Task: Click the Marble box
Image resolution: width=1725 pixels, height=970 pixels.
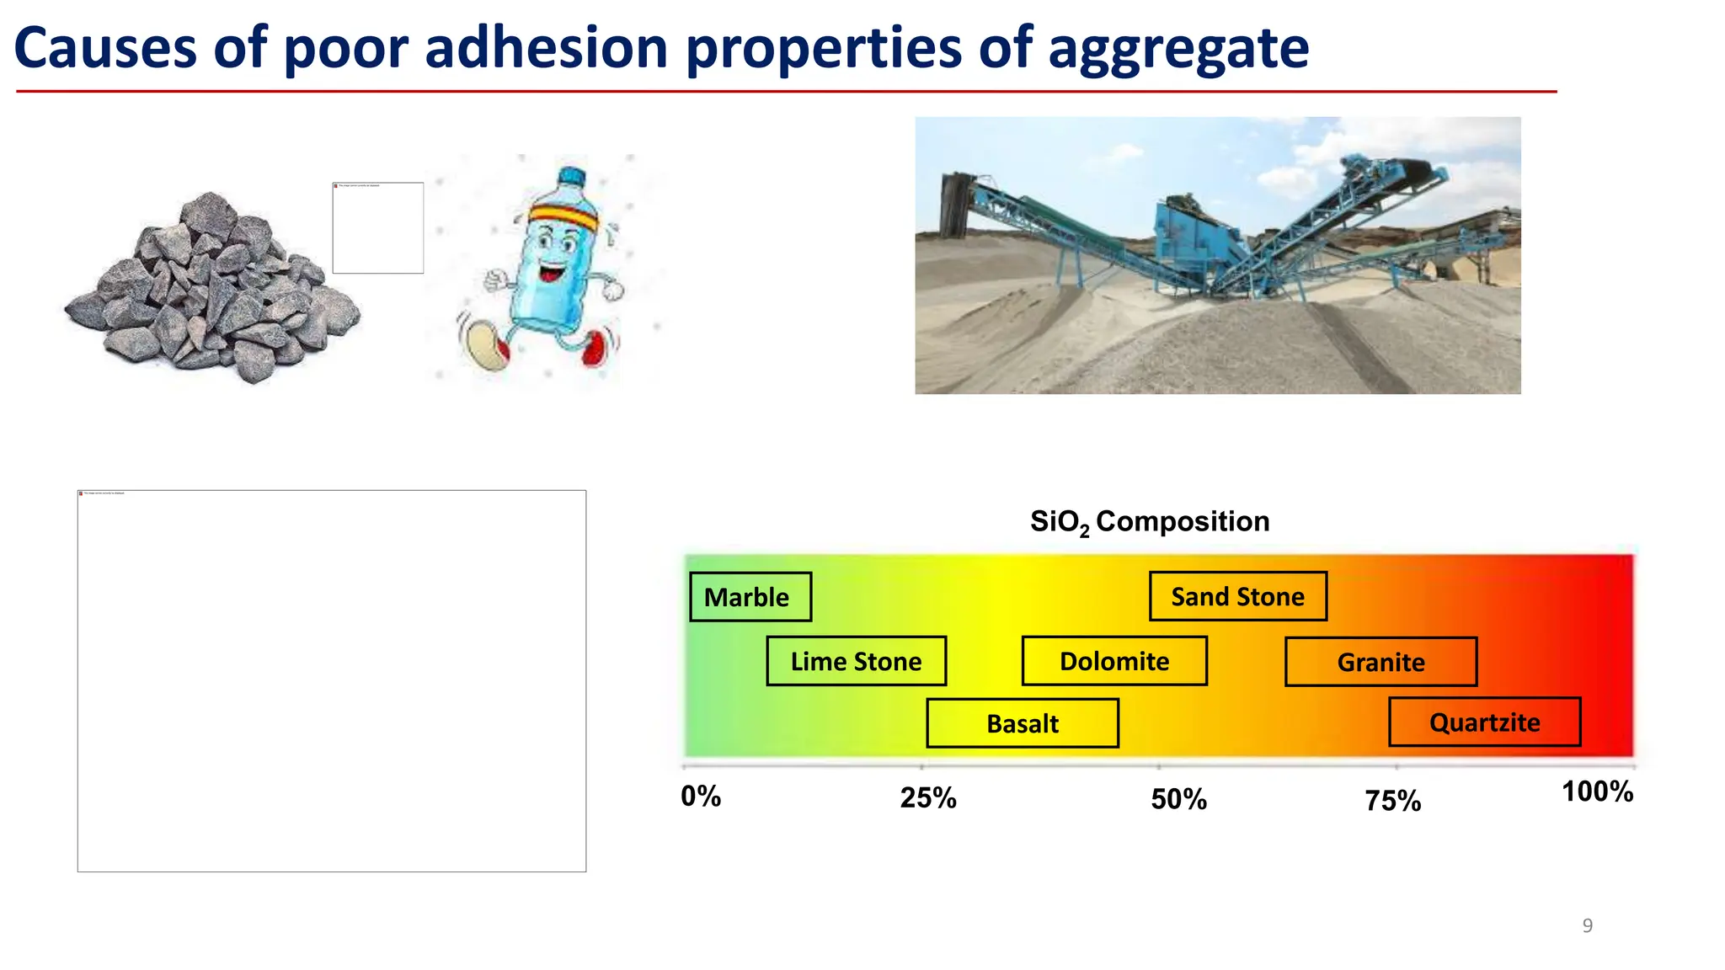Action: pyautogui.click(x=750, y=597)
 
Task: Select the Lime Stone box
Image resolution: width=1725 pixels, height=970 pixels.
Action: pyautogui.click(x=856, y=661)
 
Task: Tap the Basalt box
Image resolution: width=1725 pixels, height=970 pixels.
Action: pyautogui.click(x=1022, y=723)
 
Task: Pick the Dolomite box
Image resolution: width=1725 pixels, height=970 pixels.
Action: pyautogui.click(x=1114, y=661)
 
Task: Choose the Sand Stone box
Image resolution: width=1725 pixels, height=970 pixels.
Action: pyautogui.click(x=1237, y=596)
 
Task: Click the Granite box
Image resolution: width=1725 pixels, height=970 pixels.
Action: pyautogui.click(x=1381, y=662)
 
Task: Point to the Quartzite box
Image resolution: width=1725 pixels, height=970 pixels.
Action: pyautogui.click(x=1484, y=722)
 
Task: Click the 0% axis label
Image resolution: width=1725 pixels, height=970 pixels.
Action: pyautogui.click(x=701, y=797)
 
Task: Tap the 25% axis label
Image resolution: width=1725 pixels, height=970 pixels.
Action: pyautogui.click(x=927, y=797)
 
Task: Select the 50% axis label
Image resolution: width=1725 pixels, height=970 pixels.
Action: pyautogui.click(x=1178, y=799)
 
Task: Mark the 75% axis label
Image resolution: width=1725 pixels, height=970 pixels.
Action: pyautogui.click(x=1392, y=801)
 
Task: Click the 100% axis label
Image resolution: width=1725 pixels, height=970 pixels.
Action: pyautogui.click(x=1597, y=791)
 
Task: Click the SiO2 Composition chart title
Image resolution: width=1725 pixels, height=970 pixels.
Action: pyautogui.click(x=1150, y=522)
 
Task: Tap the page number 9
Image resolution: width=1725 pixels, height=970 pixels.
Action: pyautogui.click(x=1587, y=925)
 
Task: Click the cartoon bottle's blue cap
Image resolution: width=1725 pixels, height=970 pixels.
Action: pyautogui.click(x=572, y=176)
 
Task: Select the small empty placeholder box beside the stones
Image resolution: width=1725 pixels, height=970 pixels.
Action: pyautogui.click(x=377, y=228)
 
